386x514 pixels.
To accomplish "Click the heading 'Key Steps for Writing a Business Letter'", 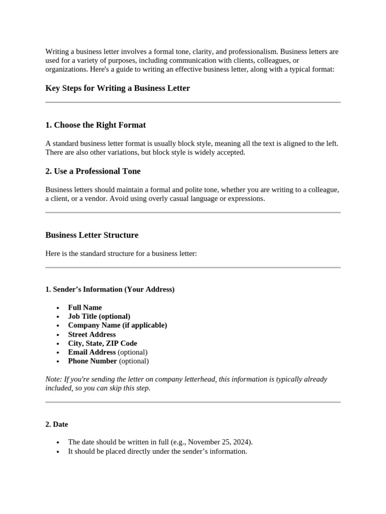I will pyautogui.click(x=118, y=88).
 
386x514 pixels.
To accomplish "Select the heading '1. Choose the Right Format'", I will pyautogui.click(x=95, y=125).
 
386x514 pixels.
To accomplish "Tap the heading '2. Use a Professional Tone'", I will pyautogui.click(x=93, y=171).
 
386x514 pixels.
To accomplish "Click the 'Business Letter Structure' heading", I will pyautogui.click(x=92, y=235).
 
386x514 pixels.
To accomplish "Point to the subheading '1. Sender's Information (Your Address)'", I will pyautogui.click(x=110, y=290).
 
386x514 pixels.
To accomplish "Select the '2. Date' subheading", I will pyautogui.click(x=57, y=424).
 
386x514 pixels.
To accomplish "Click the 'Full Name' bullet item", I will pyautogui.click(x=85, y=308).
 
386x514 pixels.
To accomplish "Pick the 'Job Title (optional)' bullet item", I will pyautogui.click(x=99, y=316).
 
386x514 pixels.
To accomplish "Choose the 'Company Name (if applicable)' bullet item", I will pyautogui.click(x=118, y=325).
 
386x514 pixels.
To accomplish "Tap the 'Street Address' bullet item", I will pyautogui.click(x=92, y=334).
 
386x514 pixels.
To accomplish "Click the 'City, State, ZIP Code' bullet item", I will pyautogui.click(x=103, y=343).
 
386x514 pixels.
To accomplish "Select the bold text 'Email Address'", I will pyautogui.click(x=92, y=352).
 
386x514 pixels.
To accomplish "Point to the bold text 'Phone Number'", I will pyautogui.click(x=92, y=361).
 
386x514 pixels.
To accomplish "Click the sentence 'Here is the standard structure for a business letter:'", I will pyautogui.click(x=121, y=254).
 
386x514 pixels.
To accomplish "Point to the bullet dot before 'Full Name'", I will pyautogui.click(x=58, y=308).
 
